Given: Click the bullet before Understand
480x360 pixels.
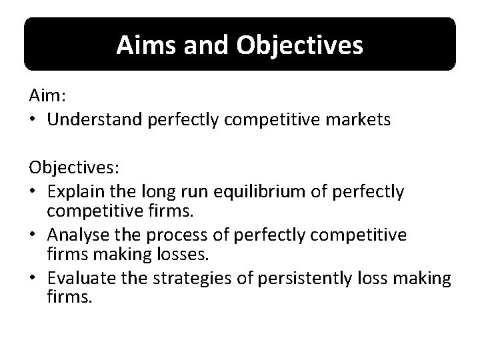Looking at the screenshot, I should [34, 120].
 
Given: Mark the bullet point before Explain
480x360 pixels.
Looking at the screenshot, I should [34, 193].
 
